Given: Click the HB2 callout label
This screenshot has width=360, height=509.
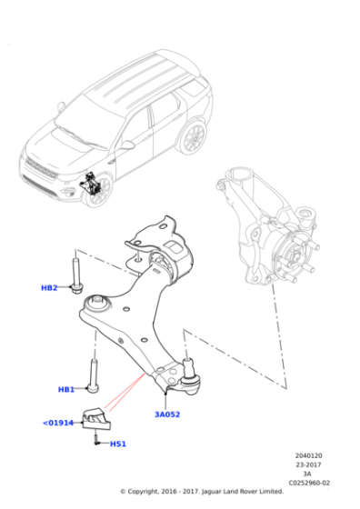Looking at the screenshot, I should click(49, 288).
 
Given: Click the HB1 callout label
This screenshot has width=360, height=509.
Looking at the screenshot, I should click(66, 389).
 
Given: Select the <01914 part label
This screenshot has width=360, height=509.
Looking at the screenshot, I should click(57, 423).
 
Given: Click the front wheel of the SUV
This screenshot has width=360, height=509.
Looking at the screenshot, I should click(99, 190).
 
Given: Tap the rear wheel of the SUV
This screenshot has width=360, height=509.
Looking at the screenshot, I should click(193, 137).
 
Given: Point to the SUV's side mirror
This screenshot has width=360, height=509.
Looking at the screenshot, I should click(127, 145).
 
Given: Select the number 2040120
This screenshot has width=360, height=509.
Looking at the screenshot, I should click(308, 456).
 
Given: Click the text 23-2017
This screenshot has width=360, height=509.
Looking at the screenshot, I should click(308, 465).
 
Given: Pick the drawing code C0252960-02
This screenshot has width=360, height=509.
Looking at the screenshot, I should click(308, 483).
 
